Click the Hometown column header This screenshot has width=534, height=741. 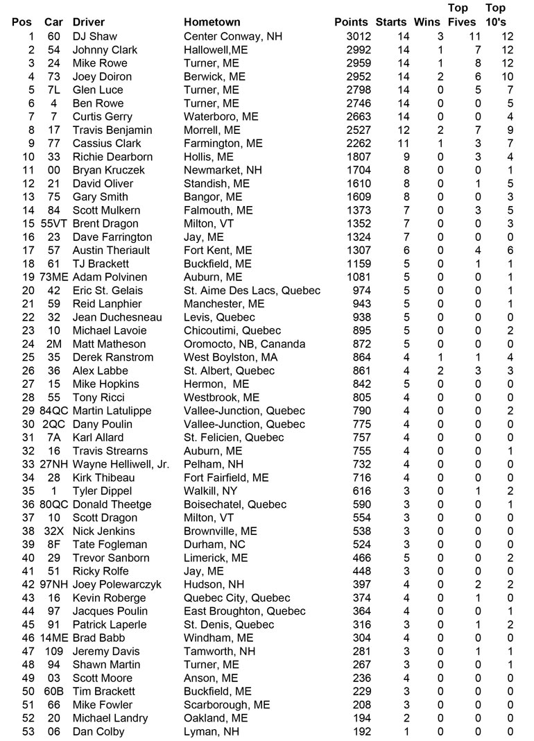pyautogui.click(x=212, y=22)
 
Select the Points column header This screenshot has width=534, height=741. pyautogui.click(x=351, y=22)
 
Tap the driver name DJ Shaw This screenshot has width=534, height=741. pyautogui.click(x=95, y=36)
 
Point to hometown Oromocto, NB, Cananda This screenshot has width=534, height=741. pyautogui.click(x=244, y=344)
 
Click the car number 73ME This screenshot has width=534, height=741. pyautogui.click(x=55, y=277)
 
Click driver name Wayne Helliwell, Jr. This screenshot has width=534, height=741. pyautogui.click(x=121, y=464)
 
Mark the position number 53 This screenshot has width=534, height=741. pyautogui.click(x=28, y=731)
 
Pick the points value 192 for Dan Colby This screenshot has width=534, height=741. pyautogui.click(x=361, y=731)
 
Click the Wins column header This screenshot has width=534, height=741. pyautogui.click(x=427, y=22)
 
